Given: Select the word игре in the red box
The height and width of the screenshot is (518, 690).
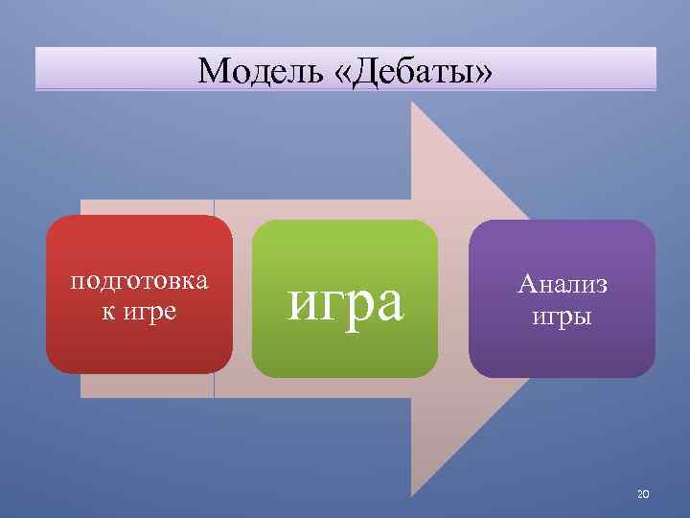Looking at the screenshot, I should (150, 312).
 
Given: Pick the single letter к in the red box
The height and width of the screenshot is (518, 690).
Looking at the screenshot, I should (107, 312).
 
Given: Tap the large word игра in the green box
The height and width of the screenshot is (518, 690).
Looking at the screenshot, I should (346, 300).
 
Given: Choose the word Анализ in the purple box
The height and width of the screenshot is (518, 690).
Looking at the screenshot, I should (563, 283).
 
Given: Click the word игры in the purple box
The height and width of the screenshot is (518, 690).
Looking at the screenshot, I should (563, 316).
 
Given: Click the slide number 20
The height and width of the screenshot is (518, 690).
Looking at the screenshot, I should (643, 494).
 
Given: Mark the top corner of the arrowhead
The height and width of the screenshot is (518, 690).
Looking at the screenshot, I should (413, 104).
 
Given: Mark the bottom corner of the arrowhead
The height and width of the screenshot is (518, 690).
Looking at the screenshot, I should (413, 493).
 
